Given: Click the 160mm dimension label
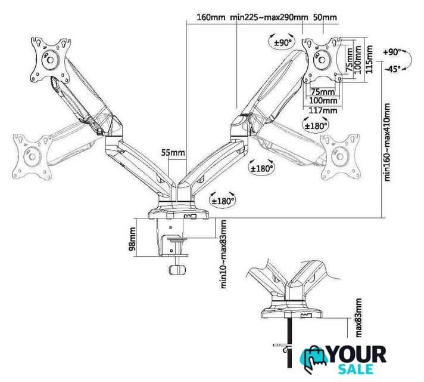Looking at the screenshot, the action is point(211,17).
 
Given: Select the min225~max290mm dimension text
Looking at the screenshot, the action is point(269,17).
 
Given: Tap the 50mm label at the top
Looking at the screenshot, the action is point(325,17).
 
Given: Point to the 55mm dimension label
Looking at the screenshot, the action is point(173,153).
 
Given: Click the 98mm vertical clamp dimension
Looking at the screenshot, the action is point(132,239).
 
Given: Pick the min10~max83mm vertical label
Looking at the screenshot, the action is point(224,254).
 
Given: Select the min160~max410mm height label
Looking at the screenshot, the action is point(387,142).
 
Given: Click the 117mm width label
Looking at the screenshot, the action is point(323,110).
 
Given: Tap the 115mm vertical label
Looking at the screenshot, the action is point(369,59).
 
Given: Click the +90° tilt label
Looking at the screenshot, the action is point(392,52).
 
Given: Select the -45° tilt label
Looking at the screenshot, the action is point(392,69).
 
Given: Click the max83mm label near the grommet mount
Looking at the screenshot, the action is point(358,318).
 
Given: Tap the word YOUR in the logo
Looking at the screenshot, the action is point(357,355).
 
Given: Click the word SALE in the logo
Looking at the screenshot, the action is point(356,369).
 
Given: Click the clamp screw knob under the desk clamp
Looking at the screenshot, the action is point(177,270).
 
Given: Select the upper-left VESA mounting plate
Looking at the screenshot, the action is point(51,60).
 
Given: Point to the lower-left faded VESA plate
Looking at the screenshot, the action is point(32,157).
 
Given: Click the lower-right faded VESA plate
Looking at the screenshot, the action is point(340,157).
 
